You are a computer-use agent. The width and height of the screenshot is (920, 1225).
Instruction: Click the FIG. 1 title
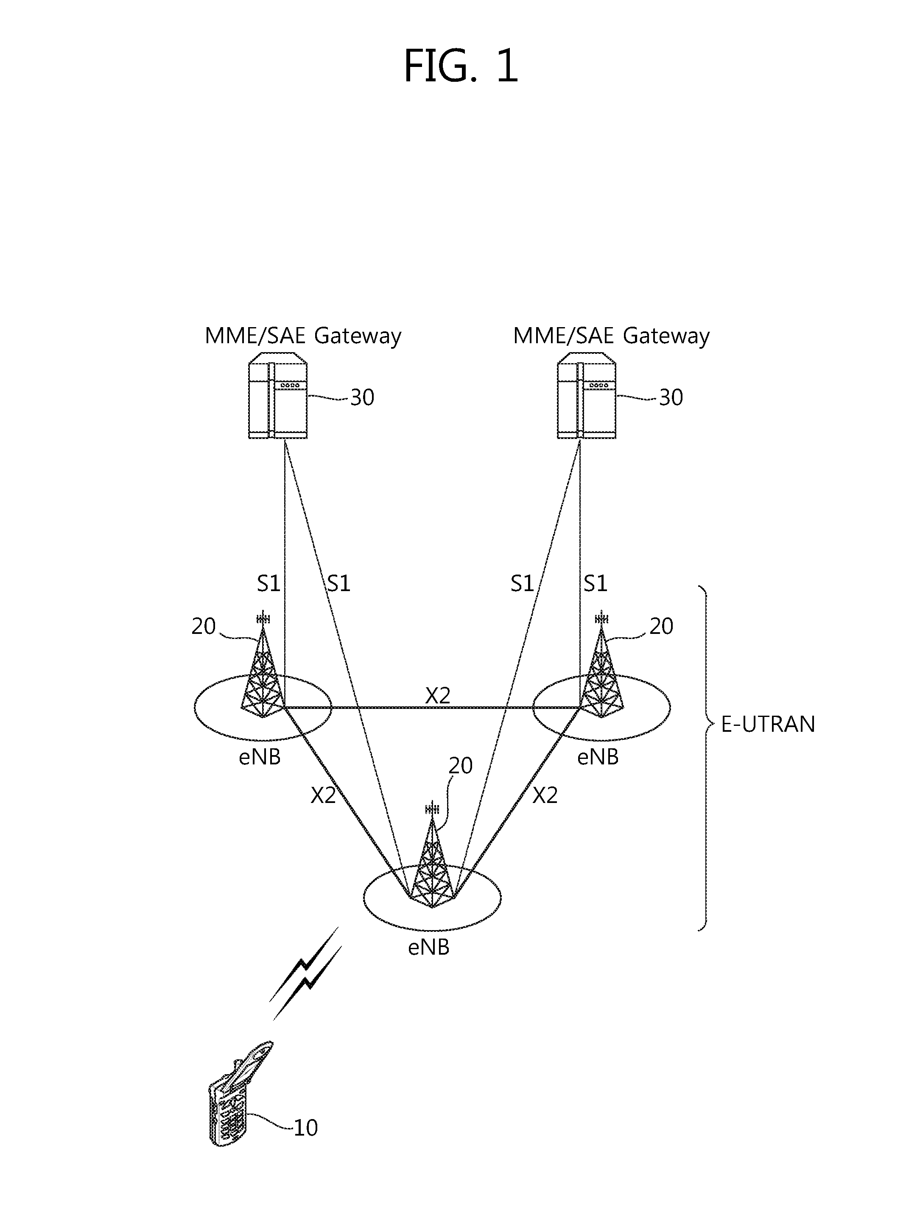click(461, 65)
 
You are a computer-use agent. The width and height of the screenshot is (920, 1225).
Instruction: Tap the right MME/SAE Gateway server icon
click(586, 400)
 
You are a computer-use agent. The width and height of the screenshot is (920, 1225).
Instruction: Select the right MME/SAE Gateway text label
click(611, 336)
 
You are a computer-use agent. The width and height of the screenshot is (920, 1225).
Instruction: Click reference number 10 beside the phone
click(305, 1128)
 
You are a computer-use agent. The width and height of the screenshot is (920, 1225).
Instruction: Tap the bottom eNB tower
click(432, 858)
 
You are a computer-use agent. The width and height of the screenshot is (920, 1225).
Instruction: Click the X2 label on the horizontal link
click(438, 696)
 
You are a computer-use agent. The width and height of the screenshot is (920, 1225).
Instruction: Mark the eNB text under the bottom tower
click(428, 947)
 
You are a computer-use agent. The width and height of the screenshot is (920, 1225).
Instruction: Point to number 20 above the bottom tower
click(460, 766)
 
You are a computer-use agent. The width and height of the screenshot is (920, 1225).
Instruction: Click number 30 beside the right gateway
click(671, 397)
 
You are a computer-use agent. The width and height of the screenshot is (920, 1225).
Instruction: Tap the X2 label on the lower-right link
click(545, 796)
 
